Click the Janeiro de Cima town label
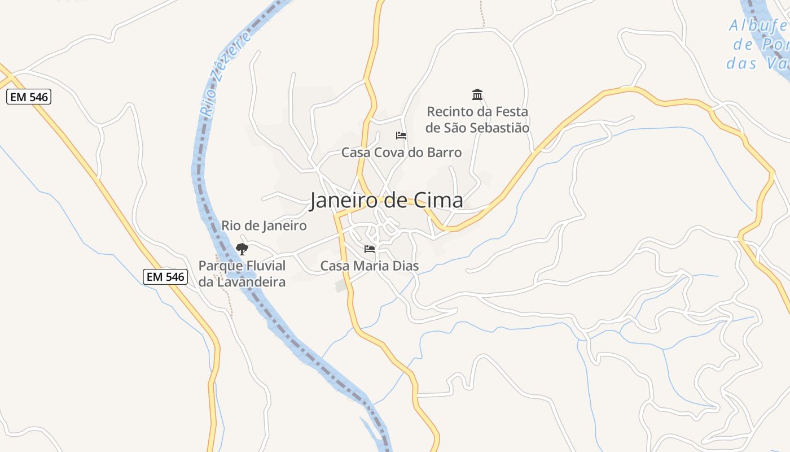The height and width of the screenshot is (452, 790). pyautogui.click(x=386, y=201)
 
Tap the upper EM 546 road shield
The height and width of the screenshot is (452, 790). pyautogui.click(x=29, y=97)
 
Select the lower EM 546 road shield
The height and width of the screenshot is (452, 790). pyautogui.click(x=165, y=276)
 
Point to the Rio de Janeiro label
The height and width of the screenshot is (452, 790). pyautogui.click(x=264, y=226)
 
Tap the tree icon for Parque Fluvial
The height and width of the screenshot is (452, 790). pyautogui.click(x=242, y=249)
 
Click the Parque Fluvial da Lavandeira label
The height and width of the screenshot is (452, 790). pyautogui.click(x=242, y=273)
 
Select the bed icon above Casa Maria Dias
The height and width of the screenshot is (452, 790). pyautogui.click(x=370, y=249)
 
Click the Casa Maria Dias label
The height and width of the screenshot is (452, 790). pyautogui.click(x=370, y=266)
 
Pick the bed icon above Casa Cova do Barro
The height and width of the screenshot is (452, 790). pyautogui.click(x=401, y=136)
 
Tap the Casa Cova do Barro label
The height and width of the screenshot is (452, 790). pyautogui.click(x=401, y=153)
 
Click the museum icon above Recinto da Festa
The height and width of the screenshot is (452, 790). pyautogui.click(x=477, y=94)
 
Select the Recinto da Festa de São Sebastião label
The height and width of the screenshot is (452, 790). pyautogui.click(x=477, y=120)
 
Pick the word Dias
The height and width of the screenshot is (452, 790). pyautogui.click(x=405, y=266)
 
